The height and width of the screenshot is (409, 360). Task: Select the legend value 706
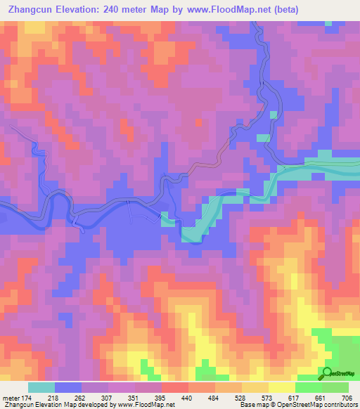[347, 397]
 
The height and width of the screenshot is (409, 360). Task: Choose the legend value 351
[133, 397]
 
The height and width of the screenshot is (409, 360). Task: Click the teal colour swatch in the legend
[41, 387]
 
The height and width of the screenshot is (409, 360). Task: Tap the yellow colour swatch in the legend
[281, 387]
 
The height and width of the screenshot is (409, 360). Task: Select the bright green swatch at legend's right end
[335, 387]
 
